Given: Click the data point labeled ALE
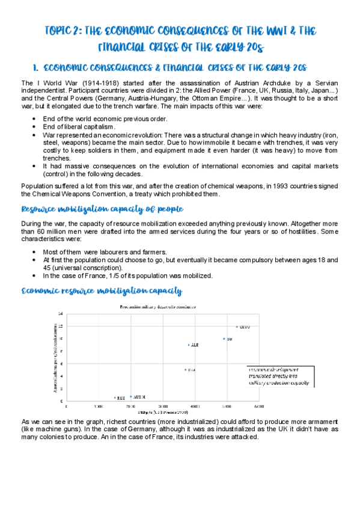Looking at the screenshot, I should [189, 345].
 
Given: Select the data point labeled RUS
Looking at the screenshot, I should [115, 398].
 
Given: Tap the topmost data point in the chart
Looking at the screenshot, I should [237, 327].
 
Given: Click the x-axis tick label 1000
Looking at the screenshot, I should [99, 407].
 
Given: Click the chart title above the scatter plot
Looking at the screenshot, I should [155, 307].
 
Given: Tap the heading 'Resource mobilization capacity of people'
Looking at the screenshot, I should [102, 209].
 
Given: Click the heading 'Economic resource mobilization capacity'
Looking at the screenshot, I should [102, 291].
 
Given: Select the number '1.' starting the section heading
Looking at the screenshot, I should [34, 67].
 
